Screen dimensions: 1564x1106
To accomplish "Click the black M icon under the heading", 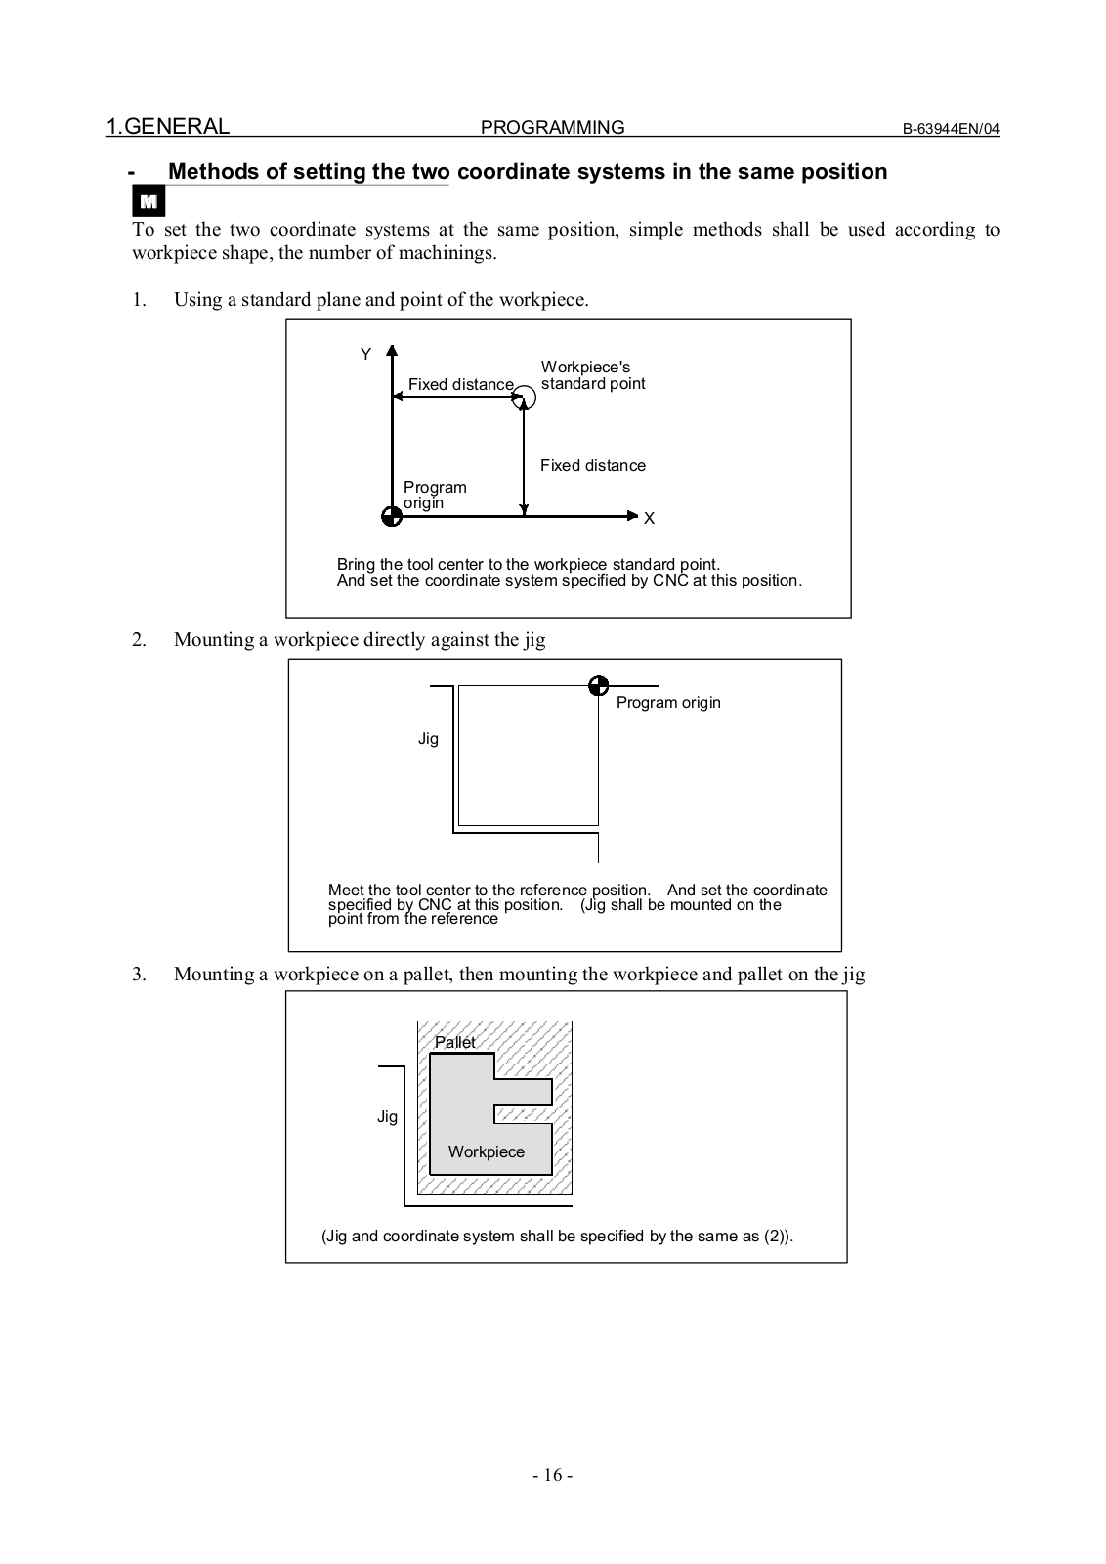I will click(149, 202).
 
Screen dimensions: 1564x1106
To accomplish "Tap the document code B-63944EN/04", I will click(950, 129).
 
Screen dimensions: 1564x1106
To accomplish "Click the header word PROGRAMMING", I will click(553, 128).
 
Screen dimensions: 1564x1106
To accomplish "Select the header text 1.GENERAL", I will click(168, 126).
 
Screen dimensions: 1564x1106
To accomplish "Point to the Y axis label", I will click(365, 355).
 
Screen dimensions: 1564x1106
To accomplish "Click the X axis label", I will click(649, 519).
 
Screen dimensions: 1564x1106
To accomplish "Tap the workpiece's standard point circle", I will click(525, 397).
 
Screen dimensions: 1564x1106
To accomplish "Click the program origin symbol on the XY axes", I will click(392, 516).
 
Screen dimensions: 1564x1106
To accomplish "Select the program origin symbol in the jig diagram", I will click(599, 686).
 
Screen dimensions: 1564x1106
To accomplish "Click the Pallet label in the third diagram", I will click(455, 1042).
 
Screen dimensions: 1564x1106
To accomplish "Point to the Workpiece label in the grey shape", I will click(487, 1151).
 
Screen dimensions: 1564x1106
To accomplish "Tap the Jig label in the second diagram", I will click(428, 739).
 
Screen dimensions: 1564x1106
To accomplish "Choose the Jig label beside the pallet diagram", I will click(387, 1116).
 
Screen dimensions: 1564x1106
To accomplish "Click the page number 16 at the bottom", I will click(553, 1475).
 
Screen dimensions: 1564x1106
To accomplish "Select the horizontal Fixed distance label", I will click(460, 385).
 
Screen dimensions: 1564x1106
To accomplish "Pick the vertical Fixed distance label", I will click(593, 466).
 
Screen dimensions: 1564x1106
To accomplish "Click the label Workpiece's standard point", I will click(592, 375).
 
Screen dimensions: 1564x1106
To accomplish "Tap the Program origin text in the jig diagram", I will click(668, 703).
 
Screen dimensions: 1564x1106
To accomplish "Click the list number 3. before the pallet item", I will click(140, 974).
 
